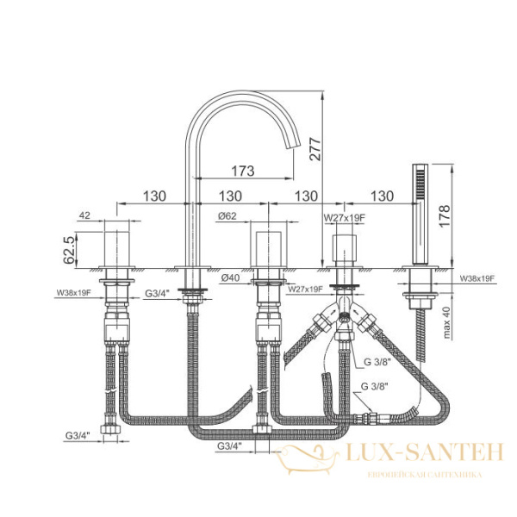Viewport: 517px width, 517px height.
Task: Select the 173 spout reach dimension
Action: tap(243, 171)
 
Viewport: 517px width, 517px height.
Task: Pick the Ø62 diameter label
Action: tap(229, 216)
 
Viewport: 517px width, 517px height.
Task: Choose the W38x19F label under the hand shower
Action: tap(477, 278)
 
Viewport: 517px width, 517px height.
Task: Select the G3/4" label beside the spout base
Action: tap(159, 293)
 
